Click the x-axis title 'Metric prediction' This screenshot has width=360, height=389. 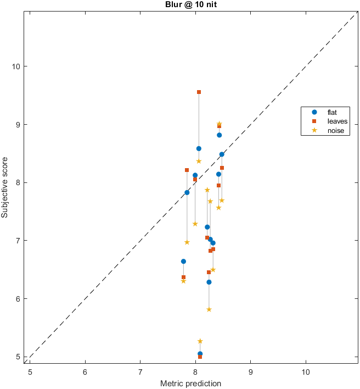[190, 382]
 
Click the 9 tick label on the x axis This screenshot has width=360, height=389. [251, 371]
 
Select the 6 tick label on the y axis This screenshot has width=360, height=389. [20, 299]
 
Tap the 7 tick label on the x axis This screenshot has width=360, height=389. [140, 371]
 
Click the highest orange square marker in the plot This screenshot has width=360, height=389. [199, 92]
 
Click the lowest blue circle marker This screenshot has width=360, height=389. [200, 354]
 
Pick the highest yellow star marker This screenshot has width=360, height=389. [219, 124]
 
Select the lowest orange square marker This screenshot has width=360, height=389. [200, 357]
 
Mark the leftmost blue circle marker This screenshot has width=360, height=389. [183, 262]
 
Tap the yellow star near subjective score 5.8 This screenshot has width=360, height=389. [209, 309]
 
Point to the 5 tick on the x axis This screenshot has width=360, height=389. [30, 371]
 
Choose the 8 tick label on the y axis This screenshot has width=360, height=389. [20, 182]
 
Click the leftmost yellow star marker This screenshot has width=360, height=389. [183, 281]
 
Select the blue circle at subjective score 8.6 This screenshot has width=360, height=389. [199, 149]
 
